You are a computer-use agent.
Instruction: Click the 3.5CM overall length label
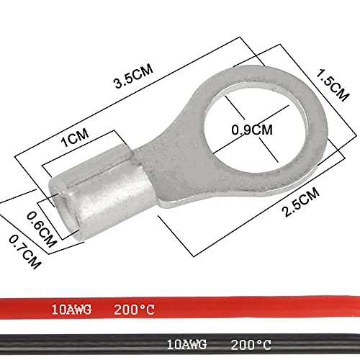pos(132,82)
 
